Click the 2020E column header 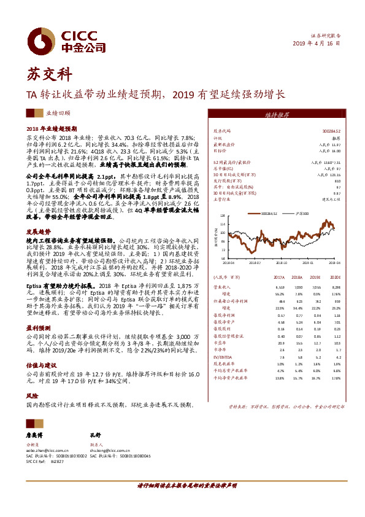click(334, 277)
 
